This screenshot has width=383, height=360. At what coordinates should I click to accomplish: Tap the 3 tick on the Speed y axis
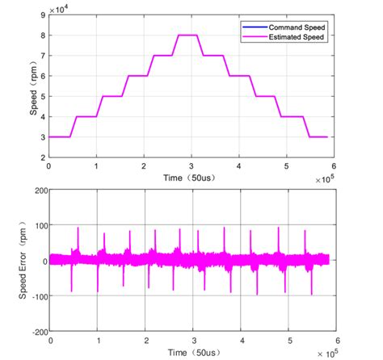pyautogui.click(x=43, y=137)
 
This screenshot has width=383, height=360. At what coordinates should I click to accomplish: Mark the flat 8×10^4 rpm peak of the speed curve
pyautogui.click(x=187, y=35)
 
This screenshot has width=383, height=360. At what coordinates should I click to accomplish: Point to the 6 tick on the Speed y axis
pyautogui.click(x=43, y=76)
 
